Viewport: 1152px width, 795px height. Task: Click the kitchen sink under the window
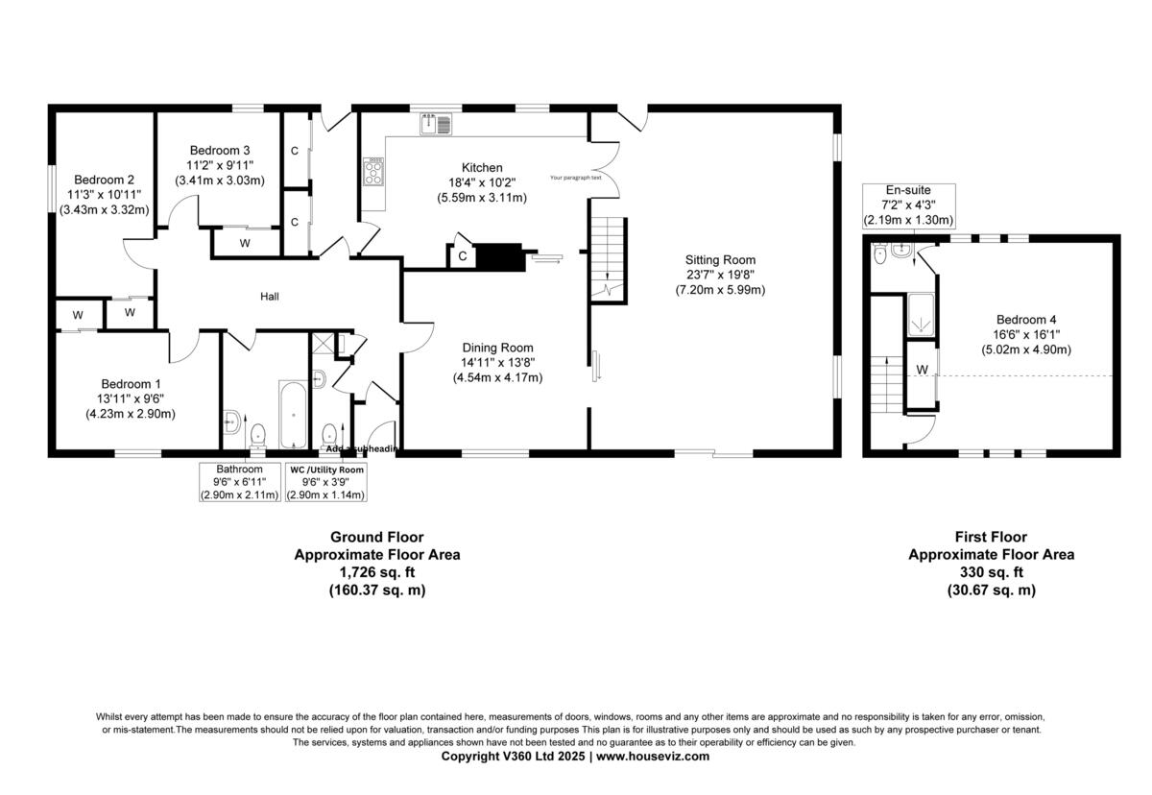[x=436, y=124]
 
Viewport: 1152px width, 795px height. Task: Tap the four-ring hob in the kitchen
[x=372, y=172]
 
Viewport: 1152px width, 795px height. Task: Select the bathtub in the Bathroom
[x=293, y=415]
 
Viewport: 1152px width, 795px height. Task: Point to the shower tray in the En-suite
[x=920, y=314]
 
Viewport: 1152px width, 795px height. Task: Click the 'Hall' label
[x=270, y=298]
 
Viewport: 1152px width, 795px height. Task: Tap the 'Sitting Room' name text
[x=720, y=259]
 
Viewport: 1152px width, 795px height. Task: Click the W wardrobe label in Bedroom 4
[x=922, y=370]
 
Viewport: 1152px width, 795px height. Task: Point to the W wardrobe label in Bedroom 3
[x=245, y=244]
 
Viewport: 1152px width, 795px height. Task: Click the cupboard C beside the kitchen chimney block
[x=463, y=256]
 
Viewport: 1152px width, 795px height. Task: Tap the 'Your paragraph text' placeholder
[x=576, y=178]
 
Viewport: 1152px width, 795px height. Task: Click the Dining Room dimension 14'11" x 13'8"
[x=497, y=363]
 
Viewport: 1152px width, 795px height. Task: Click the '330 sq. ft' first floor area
[x=991, y=572]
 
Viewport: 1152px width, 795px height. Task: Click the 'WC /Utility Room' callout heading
[x=326, y=470]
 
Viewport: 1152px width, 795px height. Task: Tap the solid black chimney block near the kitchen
[x=502, y=257]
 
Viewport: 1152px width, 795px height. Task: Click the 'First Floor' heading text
[x=991, y=538]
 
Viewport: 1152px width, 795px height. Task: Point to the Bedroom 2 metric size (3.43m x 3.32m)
[x=104, y=209]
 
